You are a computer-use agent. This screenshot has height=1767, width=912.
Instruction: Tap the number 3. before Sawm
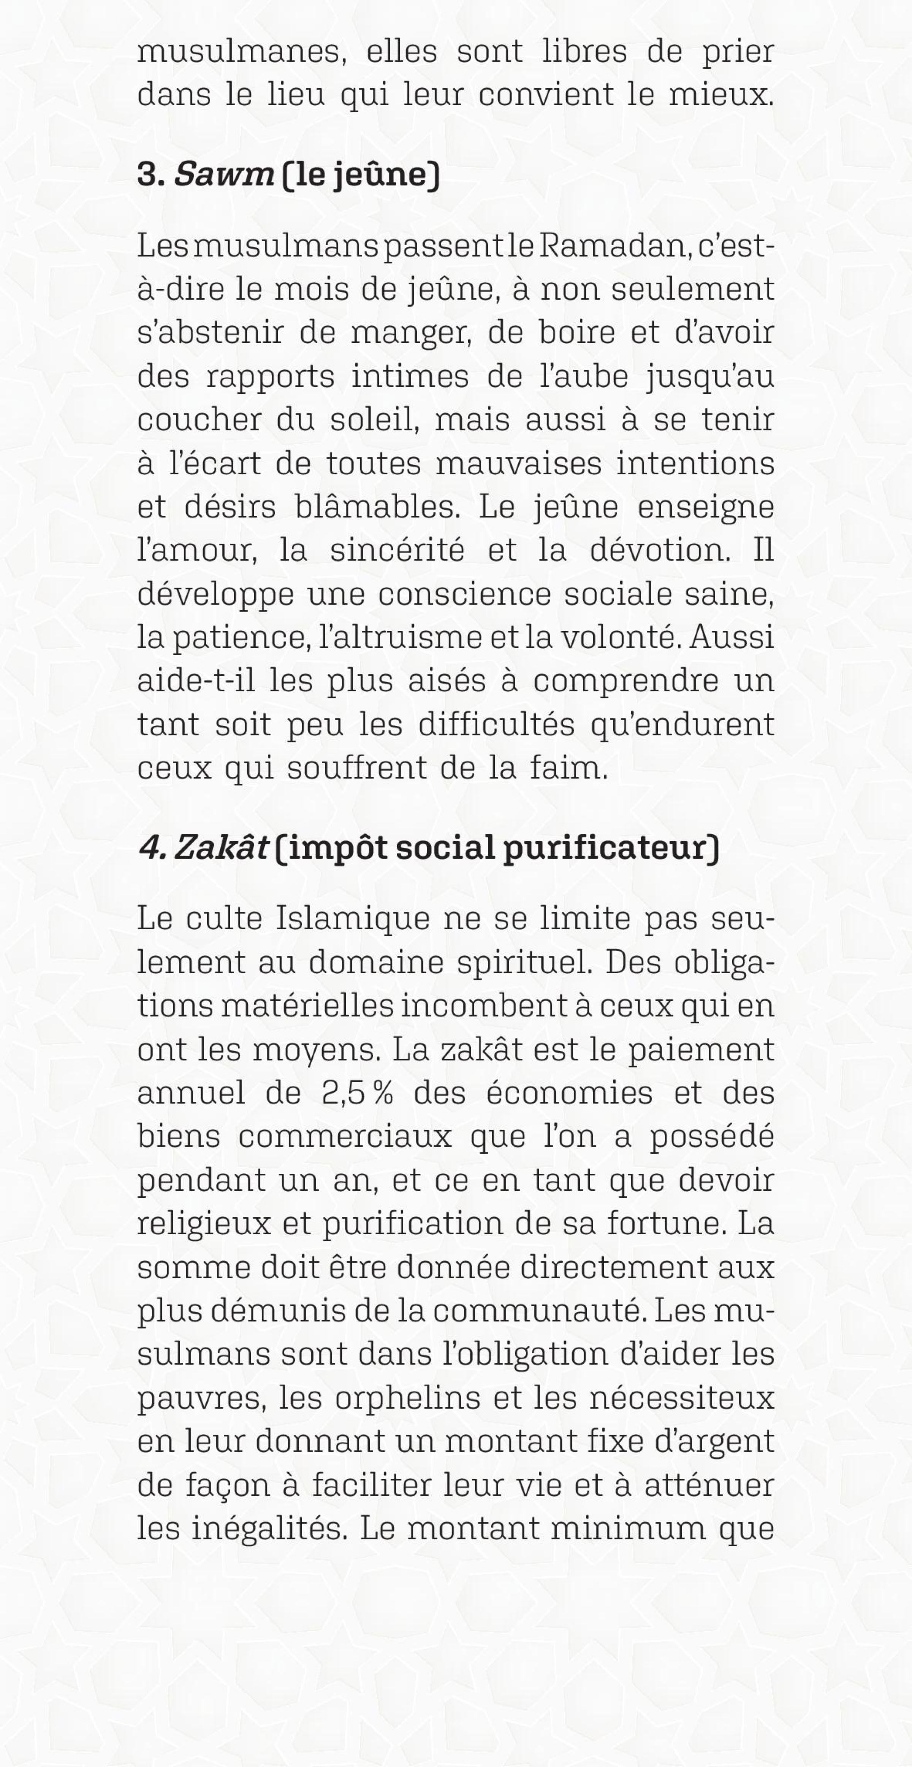(151, 175)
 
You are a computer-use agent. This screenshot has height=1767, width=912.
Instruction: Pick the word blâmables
(377, 507)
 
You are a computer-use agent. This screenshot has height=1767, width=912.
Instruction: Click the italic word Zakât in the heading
(221, 848)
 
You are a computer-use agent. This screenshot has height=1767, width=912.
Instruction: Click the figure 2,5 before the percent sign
(343, 1093)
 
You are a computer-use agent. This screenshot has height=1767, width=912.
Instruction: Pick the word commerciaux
(345, 1137)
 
